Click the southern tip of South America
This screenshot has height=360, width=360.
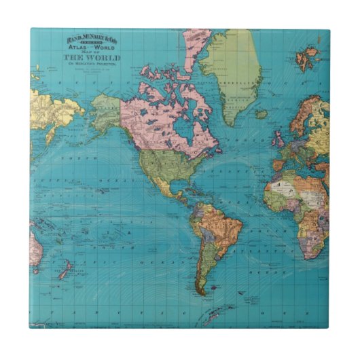(x=200, y=291)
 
